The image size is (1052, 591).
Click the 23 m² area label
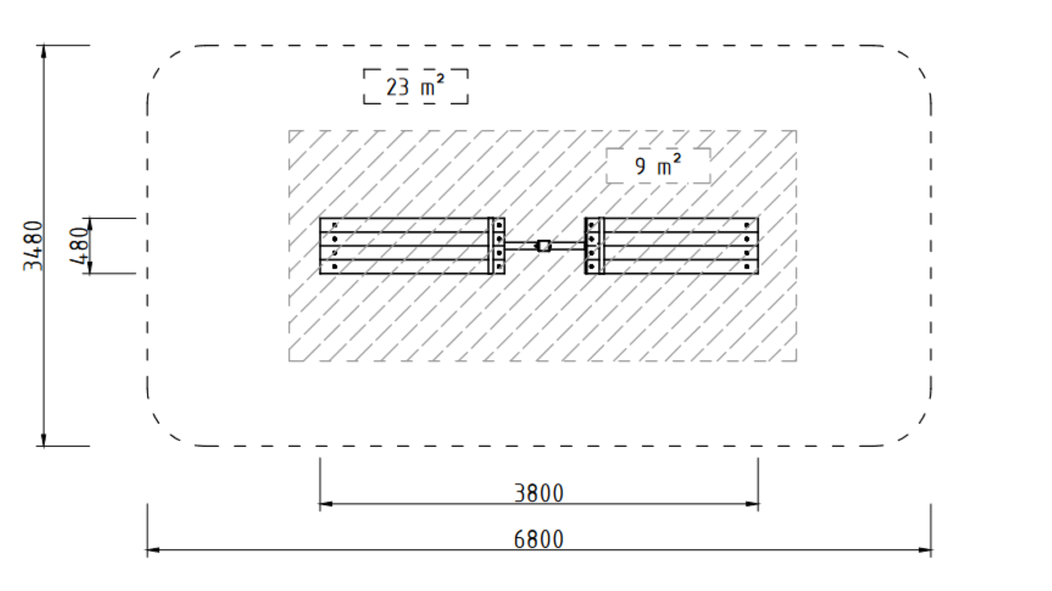[x=415, y=87]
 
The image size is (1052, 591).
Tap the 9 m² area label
[x=658, y=165]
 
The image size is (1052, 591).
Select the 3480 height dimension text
[x=33, y=245]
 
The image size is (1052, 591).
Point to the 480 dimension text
[x=80, y=245]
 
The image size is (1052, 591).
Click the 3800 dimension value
[x=539, y=493]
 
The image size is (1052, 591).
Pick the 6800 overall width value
[x=539, y=540]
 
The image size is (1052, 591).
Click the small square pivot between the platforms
[x=544, y=246]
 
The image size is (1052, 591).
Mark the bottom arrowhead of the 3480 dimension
[x=44, y=440]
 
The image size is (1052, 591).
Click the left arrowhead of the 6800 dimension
[x=153, y=549]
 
